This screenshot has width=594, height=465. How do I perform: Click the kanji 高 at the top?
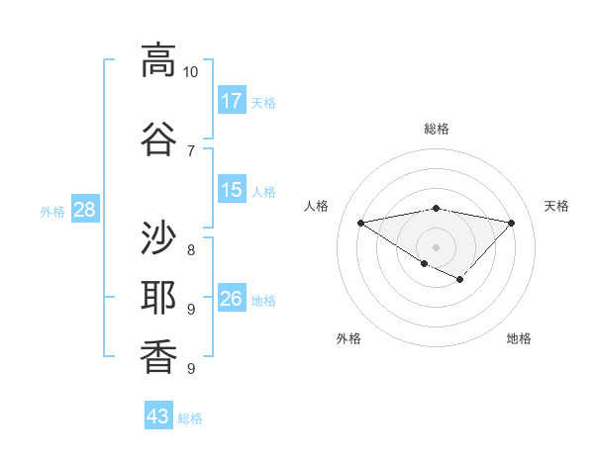point(158,60)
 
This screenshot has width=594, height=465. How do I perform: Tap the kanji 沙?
point(158,237)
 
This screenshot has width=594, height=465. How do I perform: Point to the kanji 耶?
point(158,298)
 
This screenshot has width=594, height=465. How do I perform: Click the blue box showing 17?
point(232,100)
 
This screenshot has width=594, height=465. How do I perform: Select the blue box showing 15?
point(232,189)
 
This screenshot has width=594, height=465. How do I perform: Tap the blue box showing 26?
point(232,298)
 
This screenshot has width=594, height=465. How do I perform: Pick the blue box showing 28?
point(84,209)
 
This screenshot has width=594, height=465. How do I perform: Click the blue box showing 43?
point(158,417)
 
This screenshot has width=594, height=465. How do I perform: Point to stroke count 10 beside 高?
point(190,72)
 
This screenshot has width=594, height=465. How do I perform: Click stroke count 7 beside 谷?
point(190,150)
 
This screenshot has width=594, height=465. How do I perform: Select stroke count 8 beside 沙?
point(190,249)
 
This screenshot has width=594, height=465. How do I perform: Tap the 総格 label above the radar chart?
point(436,129)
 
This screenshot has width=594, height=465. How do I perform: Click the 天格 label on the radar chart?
point(556,206)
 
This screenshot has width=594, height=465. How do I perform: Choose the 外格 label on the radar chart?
point(348,338)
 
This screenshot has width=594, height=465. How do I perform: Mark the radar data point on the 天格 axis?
point(511,223)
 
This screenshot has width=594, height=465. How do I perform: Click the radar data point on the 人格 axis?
point(360,222)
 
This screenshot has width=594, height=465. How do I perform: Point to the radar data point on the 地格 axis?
point(459,280)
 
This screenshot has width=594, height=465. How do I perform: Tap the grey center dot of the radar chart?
point(436,246)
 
